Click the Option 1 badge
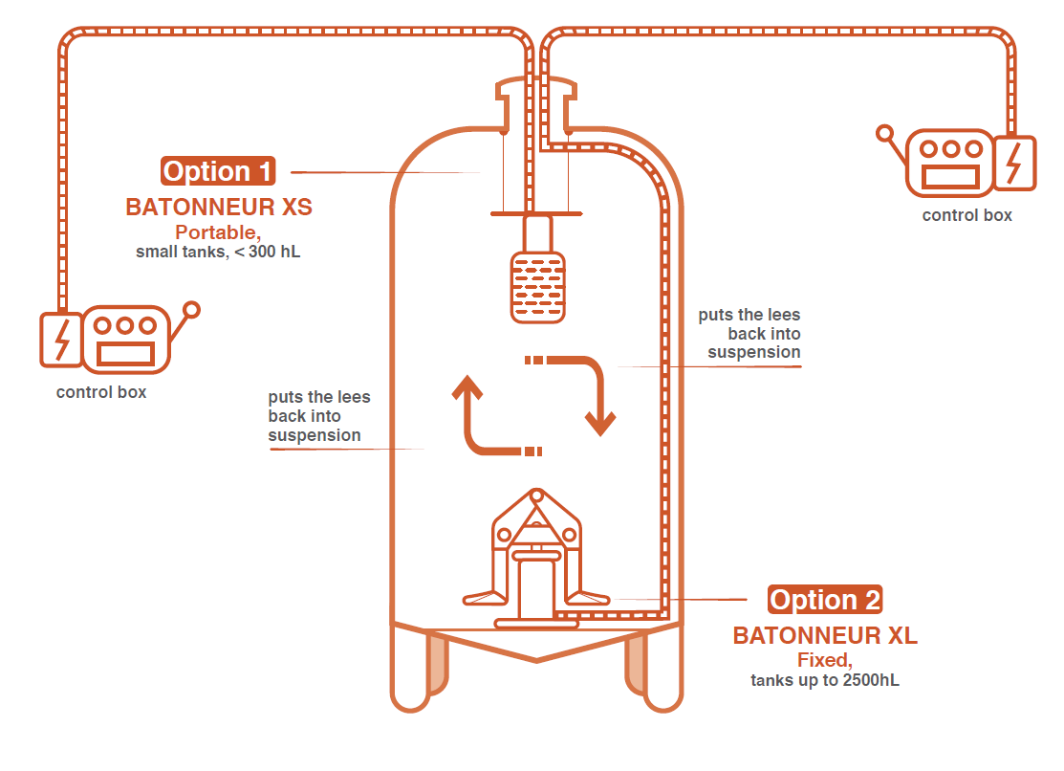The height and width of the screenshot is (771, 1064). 219,171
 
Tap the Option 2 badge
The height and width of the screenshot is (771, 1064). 824,600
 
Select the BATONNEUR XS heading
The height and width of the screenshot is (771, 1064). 219,207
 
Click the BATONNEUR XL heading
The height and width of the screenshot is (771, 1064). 825,636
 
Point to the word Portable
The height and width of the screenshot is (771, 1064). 217,232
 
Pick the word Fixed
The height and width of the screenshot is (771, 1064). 824,661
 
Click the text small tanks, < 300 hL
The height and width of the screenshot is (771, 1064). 218,253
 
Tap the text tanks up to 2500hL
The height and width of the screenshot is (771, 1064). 824,681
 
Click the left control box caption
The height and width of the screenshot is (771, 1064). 101,392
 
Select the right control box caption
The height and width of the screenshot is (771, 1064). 966,215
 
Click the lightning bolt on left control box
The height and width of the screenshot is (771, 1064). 61,340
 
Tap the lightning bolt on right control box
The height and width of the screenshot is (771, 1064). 1013,163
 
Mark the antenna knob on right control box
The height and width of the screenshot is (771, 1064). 885,134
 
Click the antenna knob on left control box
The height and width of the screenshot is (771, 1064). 191,310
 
